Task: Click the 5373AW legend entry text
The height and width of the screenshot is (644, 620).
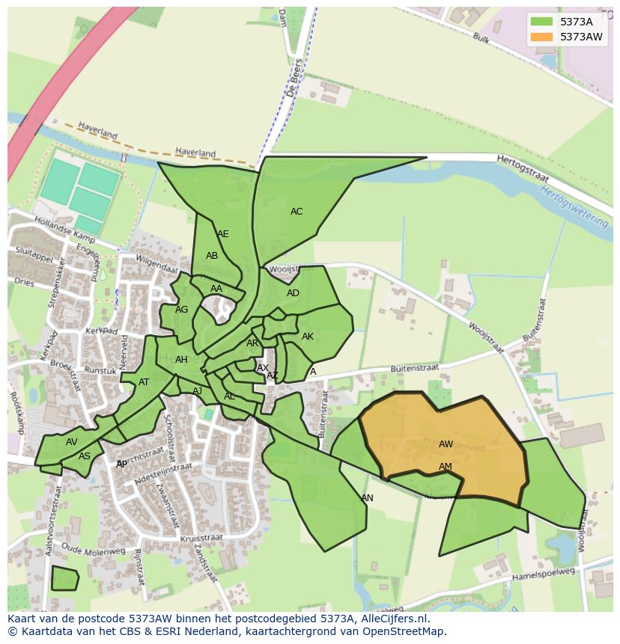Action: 581,36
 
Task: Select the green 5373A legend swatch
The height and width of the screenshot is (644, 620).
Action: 541,22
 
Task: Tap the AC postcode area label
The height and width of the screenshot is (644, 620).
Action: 297,212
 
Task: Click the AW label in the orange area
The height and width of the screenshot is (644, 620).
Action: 446,444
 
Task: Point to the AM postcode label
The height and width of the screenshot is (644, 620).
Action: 446,467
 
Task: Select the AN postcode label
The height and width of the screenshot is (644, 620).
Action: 367,498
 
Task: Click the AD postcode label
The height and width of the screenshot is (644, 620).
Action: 293,293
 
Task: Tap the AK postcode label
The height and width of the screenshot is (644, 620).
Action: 308,337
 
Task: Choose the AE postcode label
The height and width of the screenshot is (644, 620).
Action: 223,234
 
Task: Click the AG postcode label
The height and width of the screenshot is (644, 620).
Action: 182,310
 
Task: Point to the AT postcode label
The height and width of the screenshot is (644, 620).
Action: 144,382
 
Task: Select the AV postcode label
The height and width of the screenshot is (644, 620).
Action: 72,442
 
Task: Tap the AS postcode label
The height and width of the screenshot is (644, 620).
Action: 85,456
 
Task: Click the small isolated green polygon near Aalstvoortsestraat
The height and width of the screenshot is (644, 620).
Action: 64,579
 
